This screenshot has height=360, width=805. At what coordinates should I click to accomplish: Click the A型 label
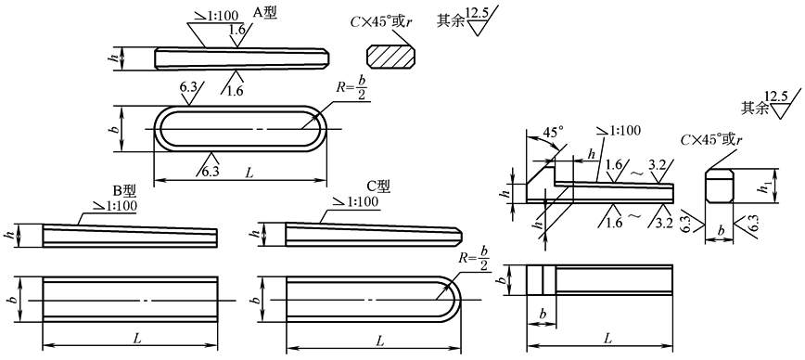(265, 13)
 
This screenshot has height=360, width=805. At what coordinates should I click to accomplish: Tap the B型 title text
(124, 191)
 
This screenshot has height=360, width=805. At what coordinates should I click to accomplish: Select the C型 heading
(378, 186)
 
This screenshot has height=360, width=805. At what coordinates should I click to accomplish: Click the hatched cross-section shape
(390, 56)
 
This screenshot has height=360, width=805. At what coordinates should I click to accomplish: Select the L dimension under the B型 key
(137, 339)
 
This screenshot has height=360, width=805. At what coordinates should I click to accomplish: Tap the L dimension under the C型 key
(380, 340)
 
